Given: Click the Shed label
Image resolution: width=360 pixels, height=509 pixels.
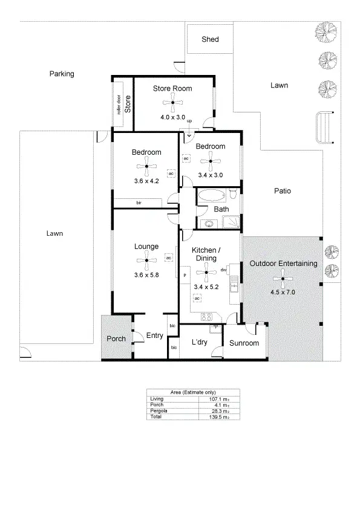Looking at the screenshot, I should pyautogui.click(x=210, y=39).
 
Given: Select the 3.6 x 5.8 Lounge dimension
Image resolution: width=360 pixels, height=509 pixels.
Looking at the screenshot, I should pyautogui.click(x=146, y=274).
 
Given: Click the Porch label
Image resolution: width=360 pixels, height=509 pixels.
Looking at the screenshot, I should pyautogui.click(x=116, y=339).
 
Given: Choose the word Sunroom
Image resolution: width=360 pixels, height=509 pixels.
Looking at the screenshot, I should pyautogui.click(x=244, y=343).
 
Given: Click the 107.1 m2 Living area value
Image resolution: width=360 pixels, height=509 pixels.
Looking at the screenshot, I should pyautogui.click(x=214, y=398).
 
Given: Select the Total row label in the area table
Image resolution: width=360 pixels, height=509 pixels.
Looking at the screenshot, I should pyautogui.click(x=156, y=417).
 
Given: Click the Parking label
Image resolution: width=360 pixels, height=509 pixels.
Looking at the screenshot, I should pyautogui.click(x=62, y=74).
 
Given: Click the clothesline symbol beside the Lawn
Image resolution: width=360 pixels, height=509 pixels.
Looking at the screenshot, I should pyautogui.click(x=325, y=128).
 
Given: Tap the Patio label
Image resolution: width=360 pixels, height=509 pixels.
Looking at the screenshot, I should pyautogui.click(x=282, y=191).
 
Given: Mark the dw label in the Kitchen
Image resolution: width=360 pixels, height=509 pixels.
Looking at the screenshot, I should pyautogui.click(x=223, y=270).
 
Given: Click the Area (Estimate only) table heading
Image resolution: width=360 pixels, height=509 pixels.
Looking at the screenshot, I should pyautogui.click(x=193, y=392).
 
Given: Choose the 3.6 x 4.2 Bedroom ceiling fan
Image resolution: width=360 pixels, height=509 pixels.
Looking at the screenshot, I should pyautogui.click(x=146, y=167).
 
